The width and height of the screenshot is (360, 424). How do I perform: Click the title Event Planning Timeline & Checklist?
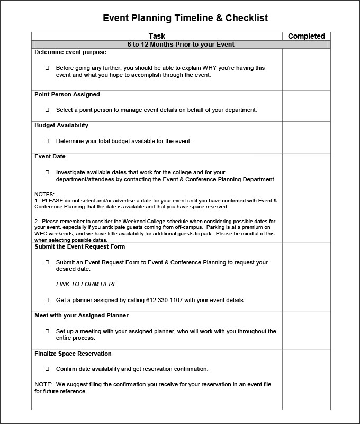pos(185,18)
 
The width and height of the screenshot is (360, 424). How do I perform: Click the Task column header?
pos(157,36)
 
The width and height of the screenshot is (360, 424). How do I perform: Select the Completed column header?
pos(306,36)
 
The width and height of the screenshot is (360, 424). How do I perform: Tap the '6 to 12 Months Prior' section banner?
pos(181,45)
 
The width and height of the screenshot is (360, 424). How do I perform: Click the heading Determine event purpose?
pos(70,52)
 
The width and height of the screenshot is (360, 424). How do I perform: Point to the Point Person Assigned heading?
pos(67,94)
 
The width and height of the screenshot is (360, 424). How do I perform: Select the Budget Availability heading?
pos(61,126)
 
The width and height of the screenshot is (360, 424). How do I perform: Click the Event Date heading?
pos(50,157)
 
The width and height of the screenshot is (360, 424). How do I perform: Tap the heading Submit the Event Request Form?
pos(79,247)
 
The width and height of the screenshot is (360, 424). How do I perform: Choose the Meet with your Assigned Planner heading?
pos(82,316)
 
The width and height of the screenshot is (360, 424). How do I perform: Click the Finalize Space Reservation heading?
pos(73,354)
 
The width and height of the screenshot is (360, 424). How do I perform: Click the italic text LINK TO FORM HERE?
pos(87,284)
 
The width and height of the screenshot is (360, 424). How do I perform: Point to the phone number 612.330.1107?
pos(164,300)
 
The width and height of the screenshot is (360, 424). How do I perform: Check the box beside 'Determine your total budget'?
pos(47,141)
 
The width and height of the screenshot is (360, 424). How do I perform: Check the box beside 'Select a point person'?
pos(47,110)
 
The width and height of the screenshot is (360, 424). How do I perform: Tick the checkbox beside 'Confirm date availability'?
pos(47,369)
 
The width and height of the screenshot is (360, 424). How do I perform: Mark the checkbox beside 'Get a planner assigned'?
pos(47,300)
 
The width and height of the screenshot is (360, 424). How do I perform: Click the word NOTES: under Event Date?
pos(44,195)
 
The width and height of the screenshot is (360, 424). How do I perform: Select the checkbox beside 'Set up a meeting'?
pos(47,331)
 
